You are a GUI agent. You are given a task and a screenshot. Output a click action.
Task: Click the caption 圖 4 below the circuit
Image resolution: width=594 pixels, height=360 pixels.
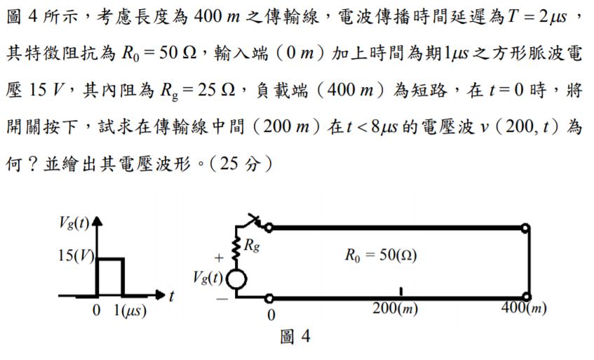295,338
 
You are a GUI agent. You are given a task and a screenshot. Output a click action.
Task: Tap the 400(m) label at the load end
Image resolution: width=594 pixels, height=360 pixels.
525,309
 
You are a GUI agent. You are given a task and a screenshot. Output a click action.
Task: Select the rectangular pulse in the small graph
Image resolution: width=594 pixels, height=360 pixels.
111,276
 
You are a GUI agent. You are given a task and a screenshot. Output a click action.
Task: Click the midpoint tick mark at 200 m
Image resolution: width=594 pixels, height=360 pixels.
400,291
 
